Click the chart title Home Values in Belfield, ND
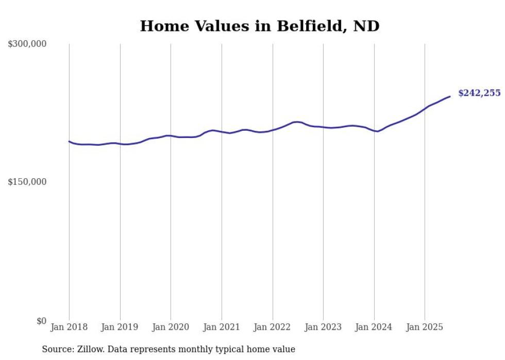[260, 26]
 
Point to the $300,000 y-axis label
[27, 44]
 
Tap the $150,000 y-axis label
[27, 182]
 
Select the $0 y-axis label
[41, 321]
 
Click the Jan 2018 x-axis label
[69, 327]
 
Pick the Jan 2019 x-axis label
[120, 327]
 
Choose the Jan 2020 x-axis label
[171, 327]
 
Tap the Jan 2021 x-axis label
[222, 327]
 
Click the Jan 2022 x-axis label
[273, 327]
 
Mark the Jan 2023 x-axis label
[323, 327]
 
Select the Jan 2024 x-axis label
[374, 327]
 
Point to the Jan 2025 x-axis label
[425, 327]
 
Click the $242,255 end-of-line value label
[479, 93]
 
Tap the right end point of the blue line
[450, 96]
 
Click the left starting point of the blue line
[69, 141]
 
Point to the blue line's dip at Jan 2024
[378, 131]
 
